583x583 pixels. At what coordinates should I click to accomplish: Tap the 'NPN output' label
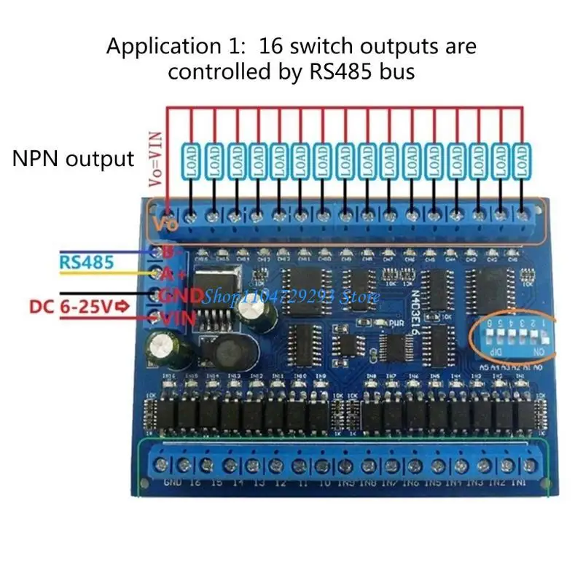pos(73,159)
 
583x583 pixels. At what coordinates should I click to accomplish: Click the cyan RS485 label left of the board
pos(87,260)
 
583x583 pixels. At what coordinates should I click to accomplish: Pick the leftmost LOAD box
pos(191,160)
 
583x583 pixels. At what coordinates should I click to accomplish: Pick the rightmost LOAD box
pos(522,160)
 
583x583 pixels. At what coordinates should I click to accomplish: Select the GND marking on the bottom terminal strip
pos(173,483)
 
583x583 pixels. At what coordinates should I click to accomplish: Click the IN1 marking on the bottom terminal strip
pos(520,483)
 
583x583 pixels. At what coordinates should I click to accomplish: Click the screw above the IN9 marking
pos(346,464)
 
